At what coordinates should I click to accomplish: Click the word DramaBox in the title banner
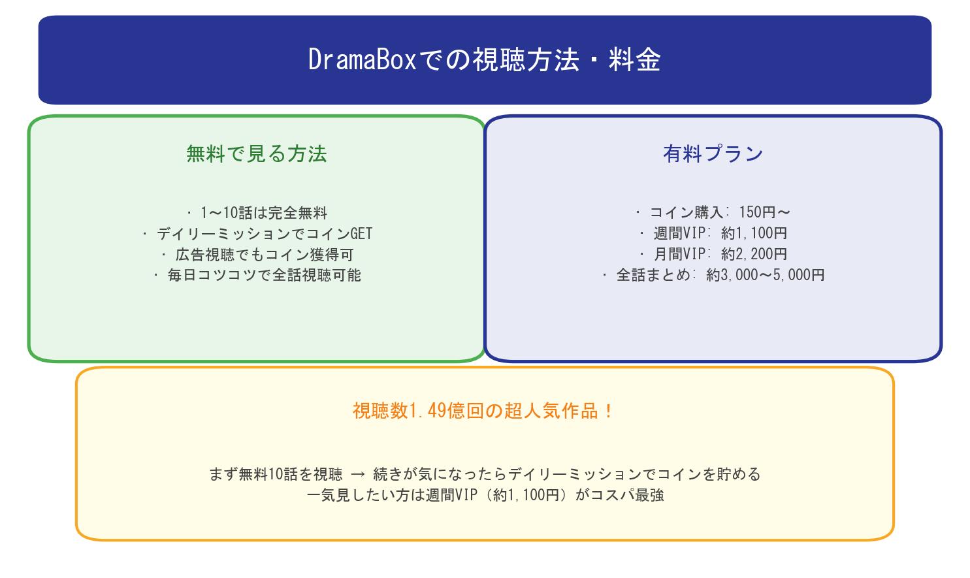pos(362,60)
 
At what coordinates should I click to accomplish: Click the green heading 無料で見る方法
pos(256,153)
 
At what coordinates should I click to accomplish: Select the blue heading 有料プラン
pos(713,153)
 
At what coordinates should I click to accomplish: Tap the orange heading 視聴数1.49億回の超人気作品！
pos(483,411)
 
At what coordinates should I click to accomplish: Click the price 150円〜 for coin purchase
pos(764,212)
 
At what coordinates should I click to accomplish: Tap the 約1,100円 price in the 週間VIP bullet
pos(754,233)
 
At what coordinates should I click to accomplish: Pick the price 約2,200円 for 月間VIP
pos(754,254)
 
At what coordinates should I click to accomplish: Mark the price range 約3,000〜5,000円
pos(765,275)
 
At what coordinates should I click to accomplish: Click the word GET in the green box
pos(361,233)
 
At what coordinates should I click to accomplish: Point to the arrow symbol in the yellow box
pos(357,474)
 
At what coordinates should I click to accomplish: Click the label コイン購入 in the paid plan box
pos(686,212)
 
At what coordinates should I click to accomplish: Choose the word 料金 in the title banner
pos(634,60)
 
